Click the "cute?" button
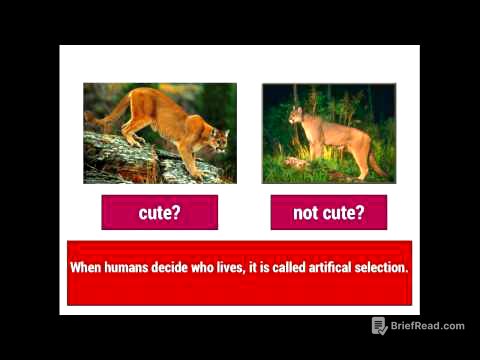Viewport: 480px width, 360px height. click(159, 212)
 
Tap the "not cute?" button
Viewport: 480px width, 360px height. click(328, 212)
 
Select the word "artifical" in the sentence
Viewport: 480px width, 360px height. click(311, 268)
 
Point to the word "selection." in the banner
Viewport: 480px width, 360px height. click(374, 268)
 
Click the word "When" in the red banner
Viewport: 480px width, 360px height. click(85, 268)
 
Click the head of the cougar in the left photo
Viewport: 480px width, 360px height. click(213, 140)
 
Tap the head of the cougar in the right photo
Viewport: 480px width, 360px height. click(297, 116)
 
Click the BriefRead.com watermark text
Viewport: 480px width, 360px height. click(428, 326)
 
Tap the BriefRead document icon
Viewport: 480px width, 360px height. click(379, 326)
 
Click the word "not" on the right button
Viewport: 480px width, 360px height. click(305, 212)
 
